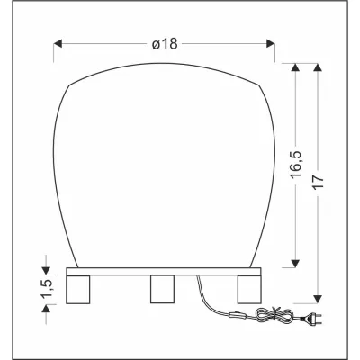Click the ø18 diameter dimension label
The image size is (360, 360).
tap(165, 43)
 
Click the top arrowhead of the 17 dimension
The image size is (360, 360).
tap(318, 67)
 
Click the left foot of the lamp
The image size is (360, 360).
tap(81, 290)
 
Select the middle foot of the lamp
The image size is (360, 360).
tap(163, 290)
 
